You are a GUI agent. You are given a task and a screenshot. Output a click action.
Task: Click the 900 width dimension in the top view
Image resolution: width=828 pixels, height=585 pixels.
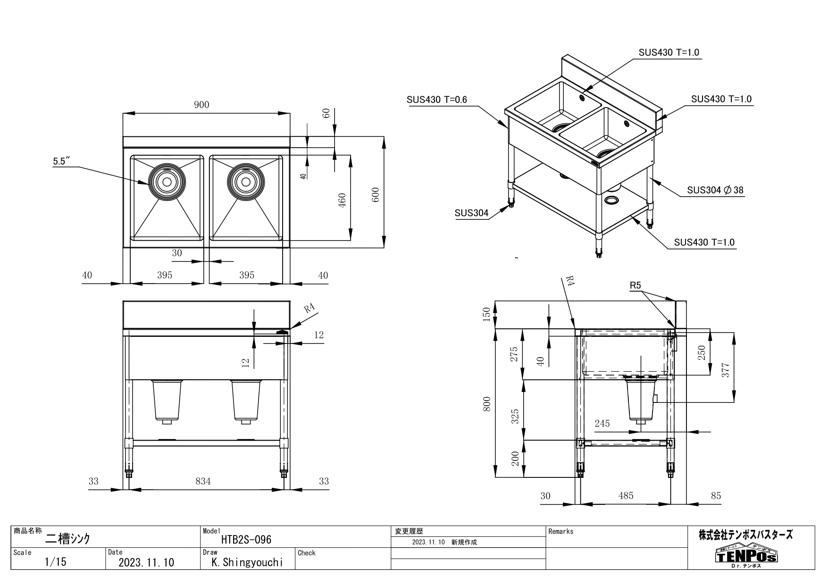pos(201,105)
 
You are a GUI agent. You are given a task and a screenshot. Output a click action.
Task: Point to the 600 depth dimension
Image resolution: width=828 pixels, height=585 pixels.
pos(376,195)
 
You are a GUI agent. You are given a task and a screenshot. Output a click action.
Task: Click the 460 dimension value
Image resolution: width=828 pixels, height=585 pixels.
pos(343,200)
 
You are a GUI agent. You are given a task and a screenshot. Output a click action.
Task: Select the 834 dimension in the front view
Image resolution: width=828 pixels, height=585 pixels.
pos(203,481)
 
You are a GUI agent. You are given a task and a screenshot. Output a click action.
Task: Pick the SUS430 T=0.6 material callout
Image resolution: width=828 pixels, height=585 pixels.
pos(436,100)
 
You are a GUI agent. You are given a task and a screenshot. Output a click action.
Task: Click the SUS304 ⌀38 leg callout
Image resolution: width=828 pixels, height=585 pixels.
pos(715,190)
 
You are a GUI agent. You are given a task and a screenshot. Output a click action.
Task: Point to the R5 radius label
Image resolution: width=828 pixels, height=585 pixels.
pos(636,285)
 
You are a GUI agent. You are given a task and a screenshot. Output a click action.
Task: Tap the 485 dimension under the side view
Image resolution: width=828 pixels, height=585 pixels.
pos(626,496)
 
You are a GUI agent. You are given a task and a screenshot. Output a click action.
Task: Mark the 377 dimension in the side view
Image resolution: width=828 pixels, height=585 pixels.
pos(726,370)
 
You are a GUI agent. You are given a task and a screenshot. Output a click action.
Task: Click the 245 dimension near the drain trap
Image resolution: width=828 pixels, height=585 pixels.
pos(602,424)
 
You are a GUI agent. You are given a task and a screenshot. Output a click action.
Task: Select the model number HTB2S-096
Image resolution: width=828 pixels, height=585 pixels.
pos(246,540)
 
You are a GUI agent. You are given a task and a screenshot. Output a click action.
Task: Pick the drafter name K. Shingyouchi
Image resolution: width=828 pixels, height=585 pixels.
pos(248,562)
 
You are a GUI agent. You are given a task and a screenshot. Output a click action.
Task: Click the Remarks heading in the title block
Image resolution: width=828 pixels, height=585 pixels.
pos(561,532)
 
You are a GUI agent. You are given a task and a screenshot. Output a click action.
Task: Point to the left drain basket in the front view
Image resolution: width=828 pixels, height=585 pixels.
pos(167,401)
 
